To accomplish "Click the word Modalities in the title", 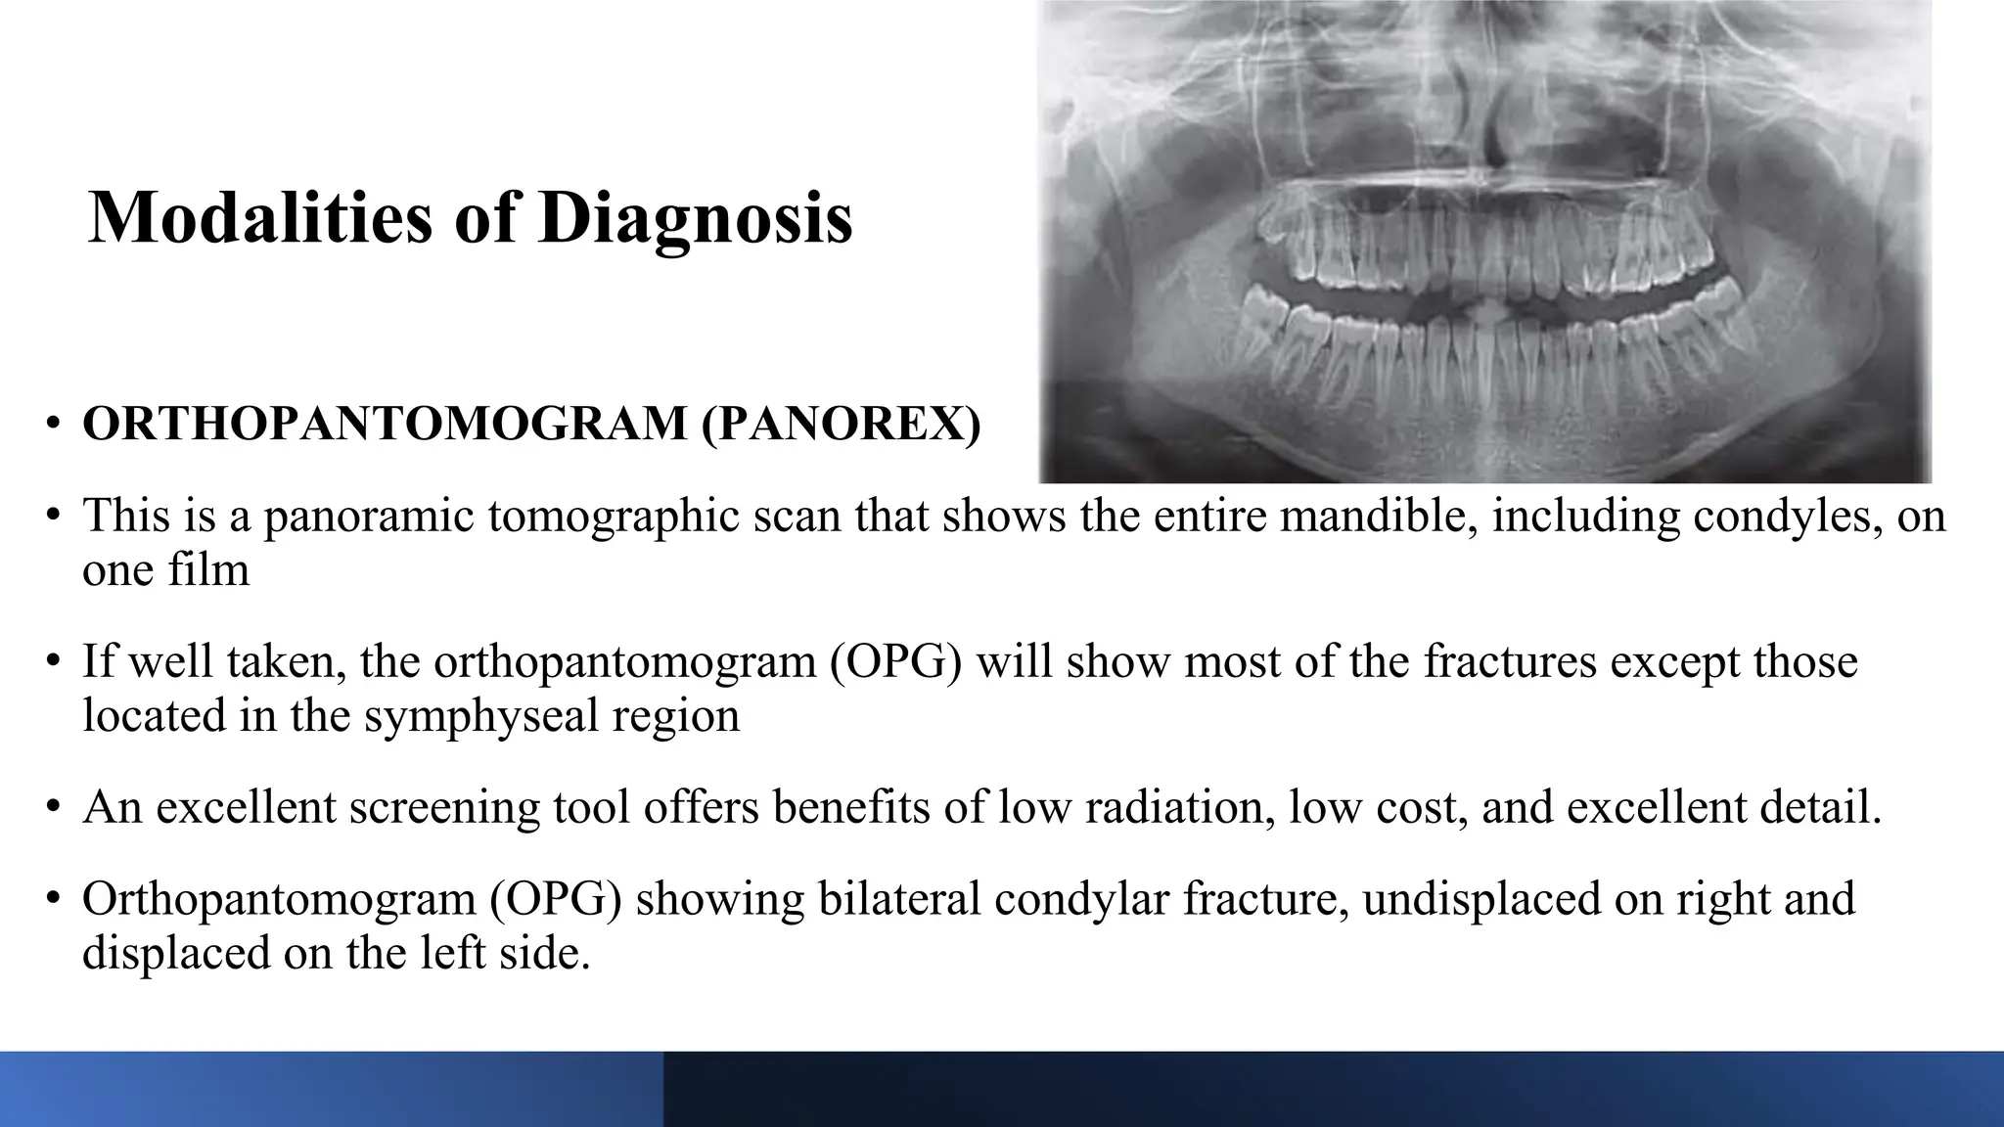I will tap(259, 217).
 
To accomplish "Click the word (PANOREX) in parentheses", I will tap(841, 424).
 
